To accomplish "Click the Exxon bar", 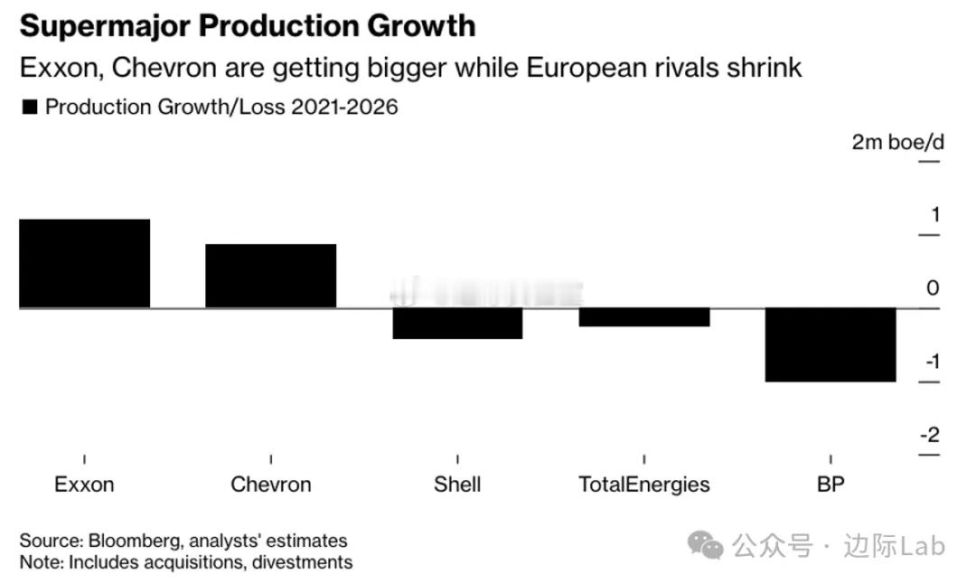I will tap(84, 263).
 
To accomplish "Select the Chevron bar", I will tap(271, 276).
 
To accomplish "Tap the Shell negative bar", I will tap(457, 324).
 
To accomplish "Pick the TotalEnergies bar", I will tap(644, 317).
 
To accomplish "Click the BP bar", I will tap(831, 344).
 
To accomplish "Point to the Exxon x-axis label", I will tap(84, 485).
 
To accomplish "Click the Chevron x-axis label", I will tap(271, 485).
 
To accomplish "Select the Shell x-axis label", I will tap(457, 485).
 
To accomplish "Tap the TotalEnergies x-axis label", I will tap(644, 485).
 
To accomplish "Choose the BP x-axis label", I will tap(831, 485).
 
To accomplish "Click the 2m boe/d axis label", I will tap(896, 143).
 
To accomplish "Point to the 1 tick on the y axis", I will tap(934, 215).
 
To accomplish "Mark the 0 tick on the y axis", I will tap(933, 288).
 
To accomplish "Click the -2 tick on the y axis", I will tap(930, 435).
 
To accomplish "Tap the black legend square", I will tap(29, 108).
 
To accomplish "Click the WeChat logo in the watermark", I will tap(705, 545).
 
